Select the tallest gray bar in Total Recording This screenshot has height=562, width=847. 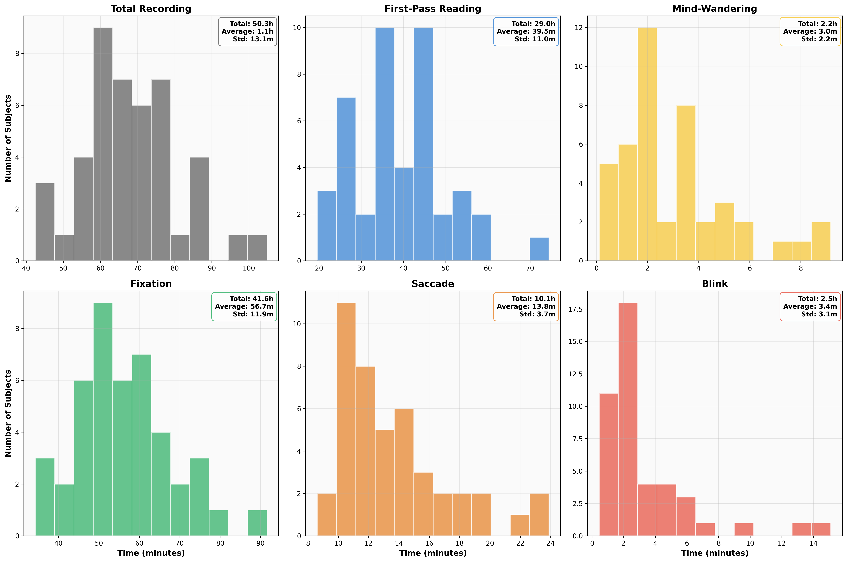[x=103, y=143]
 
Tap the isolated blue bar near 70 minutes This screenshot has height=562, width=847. [x=539, y=249]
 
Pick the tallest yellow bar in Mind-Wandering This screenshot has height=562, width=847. [x=647, y=143]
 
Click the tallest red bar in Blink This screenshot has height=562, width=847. [x=628, y=419]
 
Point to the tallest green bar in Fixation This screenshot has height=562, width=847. [x=103, y=419]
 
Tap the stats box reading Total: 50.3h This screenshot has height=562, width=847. [x=248, y=32]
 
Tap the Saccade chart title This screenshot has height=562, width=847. [x=433, y=284]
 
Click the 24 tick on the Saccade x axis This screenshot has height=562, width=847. [x=550, y=543]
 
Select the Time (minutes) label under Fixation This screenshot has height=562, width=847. [x=151, y=553]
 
